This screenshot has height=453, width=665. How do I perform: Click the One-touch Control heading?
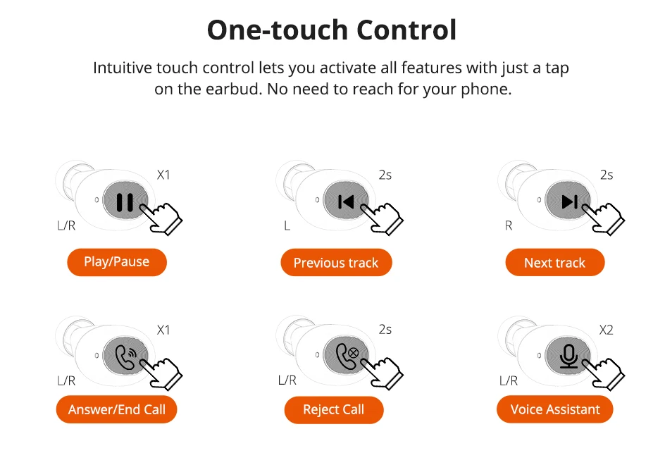(x=332, y=30)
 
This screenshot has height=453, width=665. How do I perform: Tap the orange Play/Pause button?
(x=117, y=262)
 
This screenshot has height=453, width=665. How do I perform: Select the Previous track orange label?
(x=336, y=263)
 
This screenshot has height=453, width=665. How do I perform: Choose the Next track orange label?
(x=555, y=263)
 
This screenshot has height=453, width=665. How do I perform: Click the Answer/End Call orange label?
(x=117, y=409)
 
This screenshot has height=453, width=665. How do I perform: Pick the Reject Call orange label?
(x=334, y=409)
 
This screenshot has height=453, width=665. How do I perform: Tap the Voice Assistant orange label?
(x=555, y=409)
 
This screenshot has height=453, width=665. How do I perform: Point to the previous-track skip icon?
(x=345, y=202)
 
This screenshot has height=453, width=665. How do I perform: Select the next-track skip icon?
(x=568, y=202)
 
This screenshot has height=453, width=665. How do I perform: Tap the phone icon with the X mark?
(x=347, y=353)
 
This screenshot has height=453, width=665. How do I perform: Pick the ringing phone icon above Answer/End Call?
(x=125, y=354)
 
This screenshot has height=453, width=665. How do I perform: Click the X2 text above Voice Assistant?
(x=606, y=330)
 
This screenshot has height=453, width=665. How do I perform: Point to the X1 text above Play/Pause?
(x=163, y=175)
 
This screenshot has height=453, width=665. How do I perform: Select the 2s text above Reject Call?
(x=385, y=330)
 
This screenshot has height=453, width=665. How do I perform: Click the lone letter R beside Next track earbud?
(x=509, y=227)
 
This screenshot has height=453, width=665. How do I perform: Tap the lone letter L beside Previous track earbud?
(x=287, y=227)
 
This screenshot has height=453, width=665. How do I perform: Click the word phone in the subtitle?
(x=487, y=90)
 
